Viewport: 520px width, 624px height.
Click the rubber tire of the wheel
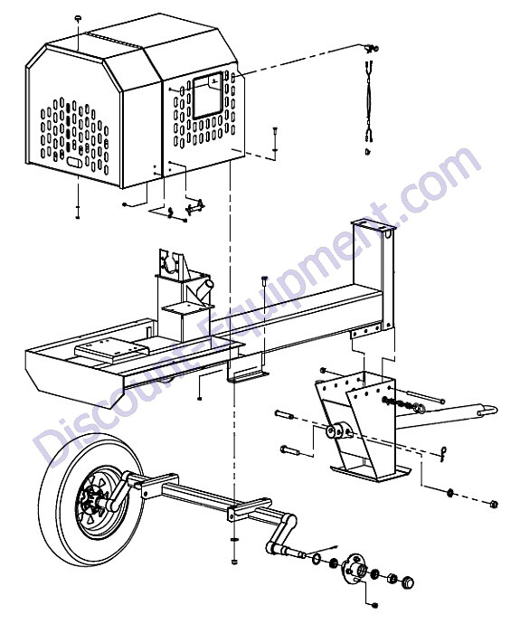coord(56,517)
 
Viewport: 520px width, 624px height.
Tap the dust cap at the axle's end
coord(407,582)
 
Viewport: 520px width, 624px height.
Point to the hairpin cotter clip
coord(444,454)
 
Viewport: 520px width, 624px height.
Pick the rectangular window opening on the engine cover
coord(208,96)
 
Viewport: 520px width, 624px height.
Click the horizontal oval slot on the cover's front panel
coord(74,163)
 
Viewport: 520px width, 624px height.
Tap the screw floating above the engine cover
coord(78,18)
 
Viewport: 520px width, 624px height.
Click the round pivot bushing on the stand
coord(339,431)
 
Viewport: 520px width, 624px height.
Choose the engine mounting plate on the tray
coord(110,347)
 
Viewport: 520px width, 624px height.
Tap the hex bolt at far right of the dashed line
coord(494,504)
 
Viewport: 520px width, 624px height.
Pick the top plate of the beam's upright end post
coord(373,226)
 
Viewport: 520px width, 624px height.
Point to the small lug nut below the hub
coord(374,605)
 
